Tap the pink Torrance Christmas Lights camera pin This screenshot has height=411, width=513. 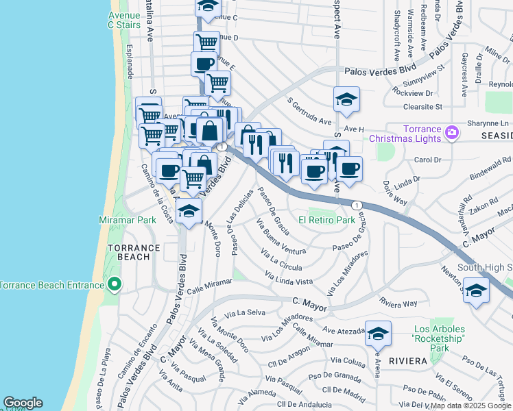tap(452, 132)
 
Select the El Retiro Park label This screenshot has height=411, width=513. tap(326, 220)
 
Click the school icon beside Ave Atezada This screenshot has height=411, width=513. tap(378, 334)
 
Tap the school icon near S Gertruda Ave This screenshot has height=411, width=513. tap(347, 100)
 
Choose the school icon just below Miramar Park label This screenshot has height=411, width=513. tap(189, 212)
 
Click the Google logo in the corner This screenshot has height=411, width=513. tap(23, 403)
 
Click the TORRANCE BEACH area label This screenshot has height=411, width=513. tap(133, 252)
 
